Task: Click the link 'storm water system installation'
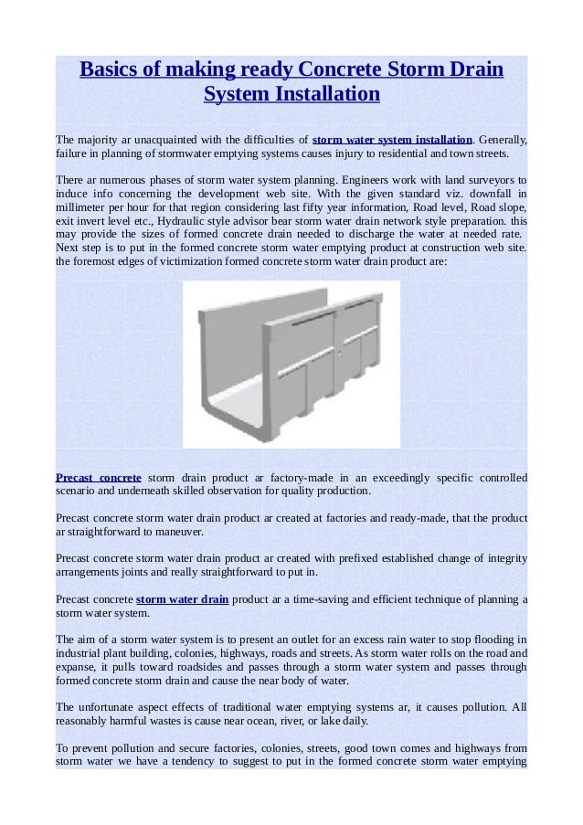(392, 140)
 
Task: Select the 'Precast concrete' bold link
(98, 477)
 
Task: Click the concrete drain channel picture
(291, 365)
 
